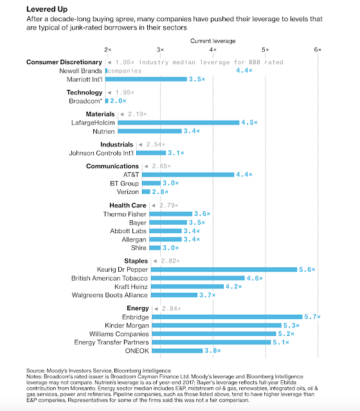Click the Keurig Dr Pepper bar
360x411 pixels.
tap(224, 270)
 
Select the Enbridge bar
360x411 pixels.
tap(227, 317)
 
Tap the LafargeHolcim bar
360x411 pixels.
tap(179, 123)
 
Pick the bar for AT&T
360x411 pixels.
tap(188, 175)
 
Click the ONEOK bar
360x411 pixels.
tap(177, 351)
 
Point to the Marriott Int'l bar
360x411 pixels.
tap(146, 79)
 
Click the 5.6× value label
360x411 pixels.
tap(307, 270)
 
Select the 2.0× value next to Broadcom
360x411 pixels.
tap(118, 101)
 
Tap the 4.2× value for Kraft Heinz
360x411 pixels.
tap(233, 286)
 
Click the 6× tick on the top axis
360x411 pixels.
tap(318, 49)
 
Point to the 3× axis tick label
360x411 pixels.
tap(160, 49)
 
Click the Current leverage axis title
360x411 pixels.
tap(213, 41)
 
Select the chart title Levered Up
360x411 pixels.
tap(47, 9)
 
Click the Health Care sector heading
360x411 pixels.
tap(128, 205)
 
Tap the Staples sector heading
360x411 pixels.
tap(136, 261)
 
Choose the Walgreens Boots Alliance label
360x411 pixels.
tap(110, 295)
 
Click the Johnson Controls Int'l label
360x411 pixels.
tap(102, 153)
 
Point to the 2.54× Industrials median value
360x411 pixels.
tap(156, 144)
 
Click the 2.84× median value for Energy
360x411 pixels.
tap(172, 308)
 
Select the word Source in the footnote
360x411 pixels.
tap(35, 371)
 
